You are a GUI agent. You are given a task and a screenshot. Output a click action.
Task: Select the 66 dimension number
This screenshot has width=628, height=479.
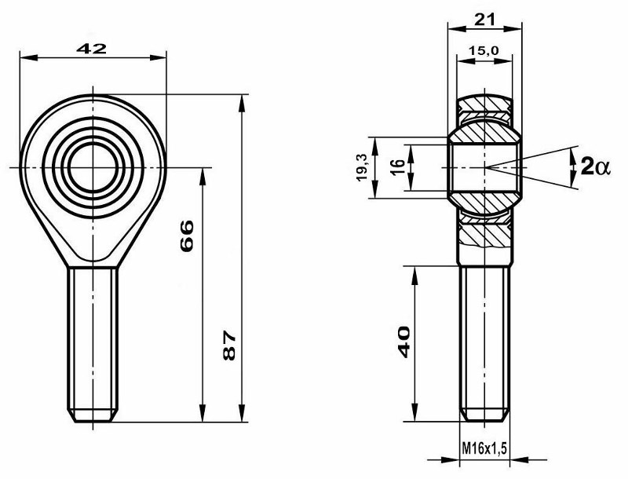187,235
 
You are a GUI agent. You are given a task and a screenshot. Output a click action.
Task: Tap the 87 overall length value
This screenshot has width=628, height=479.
228,346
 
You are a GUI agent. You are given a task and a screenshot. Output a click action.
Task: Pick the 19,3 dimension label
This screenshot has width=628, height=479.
362,167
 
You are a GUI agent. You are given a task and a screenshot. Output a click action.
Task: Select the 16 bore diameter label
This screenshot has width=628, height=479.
396,166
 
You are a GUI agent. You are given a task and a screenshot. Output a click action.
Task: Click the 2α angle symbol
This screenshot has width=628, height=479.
590,166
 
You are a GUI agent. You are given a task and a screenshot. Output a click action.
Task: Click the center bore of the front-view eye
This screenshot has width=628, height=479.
93,167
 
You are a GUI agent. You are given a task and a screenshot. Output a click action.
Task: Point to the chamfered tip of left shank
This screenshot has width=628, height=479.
93,415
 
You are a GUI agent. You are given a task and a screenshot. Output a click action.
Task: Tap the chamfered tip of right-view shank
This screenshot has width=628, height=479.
485,414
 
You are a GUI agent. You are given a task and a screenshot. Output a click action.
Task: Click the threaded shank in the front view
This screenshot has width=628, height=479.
93,338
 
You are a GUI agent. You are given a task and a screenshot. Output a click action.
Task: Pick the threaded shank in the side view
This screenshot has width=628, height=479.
485,338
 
